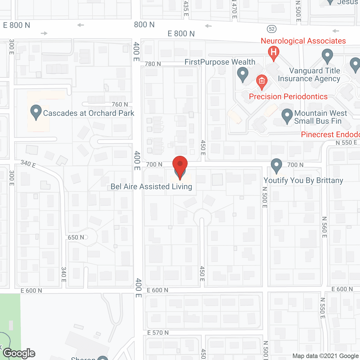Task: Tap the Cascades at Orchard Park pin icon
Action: (36, 112)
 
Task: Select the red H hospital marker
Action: (273, 53)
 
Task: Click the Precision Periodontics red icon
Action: (262, 82)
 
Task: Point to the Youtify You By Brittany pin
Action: (276, 166)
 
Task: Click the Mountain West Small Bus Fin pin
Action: (287, 116)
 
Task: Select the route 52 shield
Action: (272, 29)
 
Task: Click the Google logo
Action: (19, 353)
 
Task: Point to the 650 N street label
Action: (76, 237)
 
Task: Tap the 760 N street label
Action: (120, 104)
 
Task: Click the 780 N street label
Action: (153, 64)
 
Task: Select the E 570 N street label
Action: (158, 333)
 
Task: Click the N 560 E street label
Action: (324, 227)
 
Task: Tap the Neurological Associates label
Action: (303, 41)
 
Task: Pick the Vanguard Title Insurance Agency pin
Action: (327, 56)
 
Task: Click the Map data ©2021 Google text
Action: (326, 356)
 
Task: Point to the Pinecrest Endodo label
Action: (330, 134)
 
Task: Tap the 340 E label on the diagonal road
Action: (28, 164)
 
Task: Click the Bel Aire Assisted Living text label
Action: (151, 187)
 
